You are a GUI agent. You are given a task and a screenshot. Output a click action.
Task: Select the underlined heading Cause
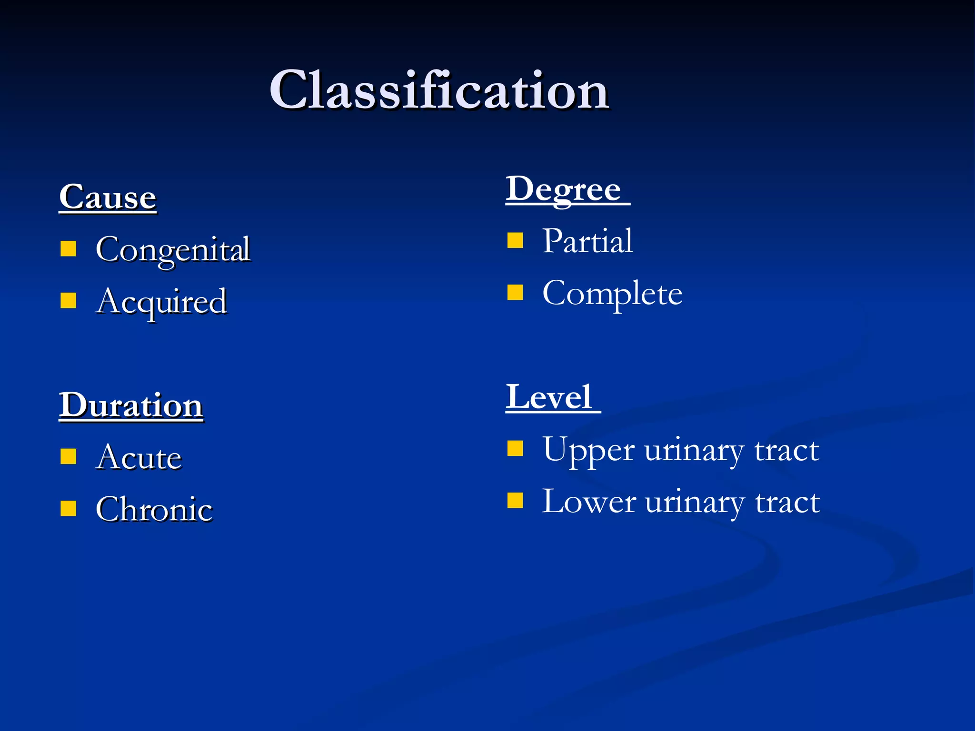(x=108, y=197)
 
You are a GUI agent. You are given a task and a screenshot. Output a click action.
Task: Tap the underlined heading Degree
(x=564, y=189)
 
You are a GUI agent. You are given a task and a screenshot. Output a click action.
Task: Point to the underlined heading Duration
(x=131, y=405)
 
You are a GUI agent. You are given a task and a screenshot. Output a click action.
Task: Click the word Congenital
(x=173, y=249)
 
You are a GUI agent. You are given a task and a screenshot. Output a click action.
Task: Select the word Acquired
(x=161, y=301)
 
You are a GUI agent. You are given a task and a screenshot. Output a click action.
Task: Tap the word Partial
(x=587, y=241)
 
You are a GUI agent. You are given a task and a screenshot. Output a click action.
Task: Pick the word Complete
(x=612, y=293)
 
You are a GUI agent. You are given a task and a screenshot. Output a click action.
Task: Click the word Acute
(x=139, y=457)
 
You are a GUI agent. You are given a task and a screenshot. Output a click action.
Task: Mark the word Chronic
(x=154, y=509)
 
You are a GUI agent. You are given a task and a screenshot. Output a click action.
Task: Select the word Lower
(x=589, y=502)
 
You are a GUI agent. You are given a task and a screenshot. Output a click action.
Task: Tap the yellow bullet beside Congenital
(x=69, y=248)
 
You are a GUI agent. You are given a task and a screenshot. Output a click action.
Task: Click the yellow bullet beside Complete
(x=515, y=292)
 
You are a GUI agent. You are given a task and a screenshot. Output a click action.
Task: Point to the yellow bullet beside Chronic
(x=69, y=508)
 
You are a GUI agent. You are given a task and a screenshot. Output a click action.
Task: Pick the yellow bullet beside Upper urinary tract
(x=515, y=448)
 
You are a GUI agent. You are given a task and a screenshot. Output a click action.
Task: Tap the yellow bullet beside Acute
(x=69, y=456)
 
